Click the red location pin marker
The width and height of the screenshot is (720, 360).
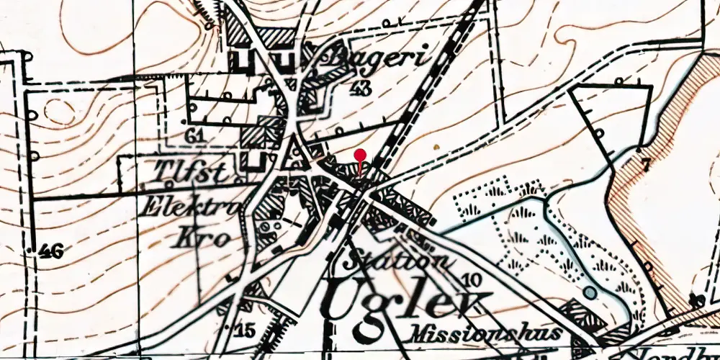pos(361,155)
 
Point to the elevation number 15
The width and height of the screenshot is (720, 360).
pos(245,331)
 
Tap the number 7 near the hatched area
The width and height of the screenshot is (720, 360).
pos(645,165)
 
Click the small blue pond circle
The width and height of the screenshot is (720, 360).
pos(590,292)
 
